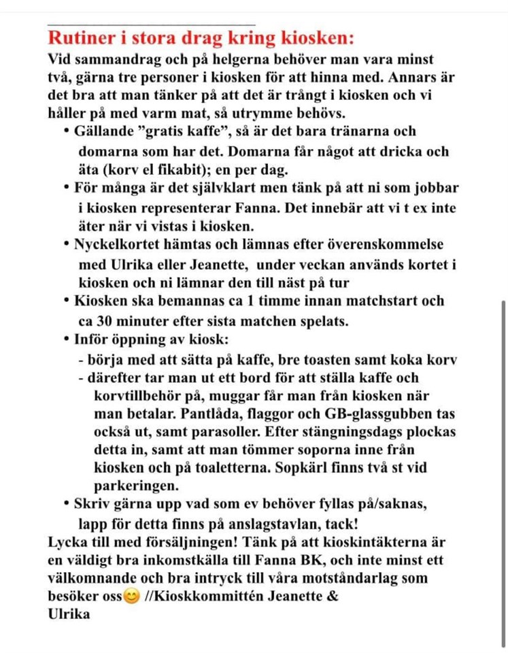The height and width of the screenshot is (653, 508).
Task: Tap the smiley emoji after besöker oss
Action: pyautogui.click(x=132, y=597)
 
